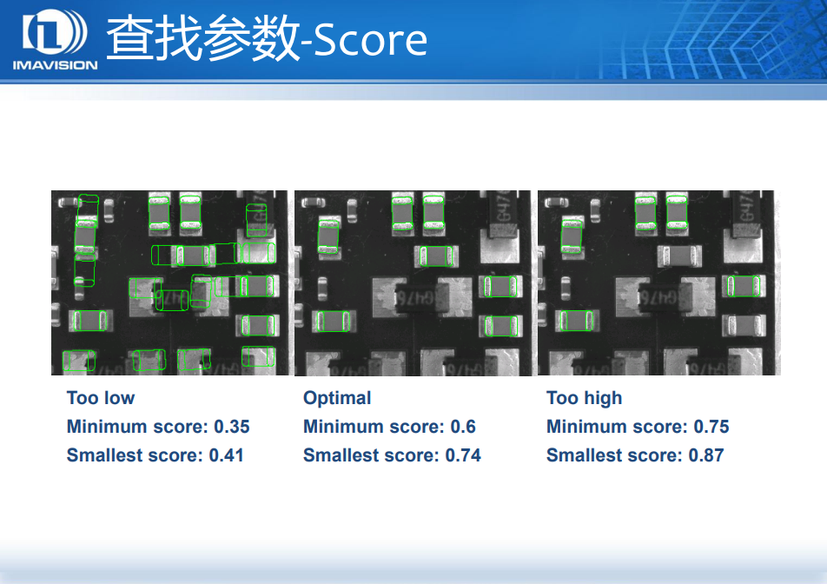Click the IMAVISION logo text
click(x=55, y=65)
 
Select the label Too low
click(x=101, y=398)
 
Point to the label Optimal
click(x=337, y=398)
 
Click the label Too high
click(x=584, y=398)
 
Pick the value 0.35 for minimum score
click(x=232, y=427)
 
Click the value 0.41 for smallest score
click(x=226, y=455)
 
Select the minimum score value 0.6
click(x=463, y=427)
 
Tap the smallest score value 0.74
click(x=463, y=455)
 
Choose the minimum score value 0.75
click(x=711, y=427)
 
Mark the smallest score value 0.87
click(x=706, y=455)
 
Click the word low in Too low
click(x=120, y=398)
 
